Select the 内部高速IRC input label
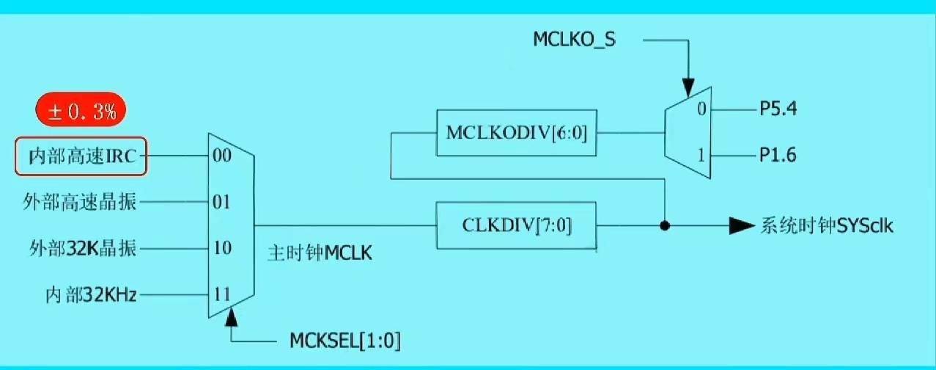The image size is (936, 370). click(82, 156)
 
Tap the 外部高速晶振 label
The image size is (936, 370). click(79, 202)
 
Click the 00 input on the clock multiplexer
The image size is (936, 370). click(221, 156)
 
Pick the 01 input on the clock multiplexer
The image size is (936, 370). click(221, 202)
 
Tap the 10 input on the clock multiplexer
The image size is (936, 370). click(221, 248)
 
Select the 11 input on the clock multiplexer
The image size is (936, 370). click(221, 295)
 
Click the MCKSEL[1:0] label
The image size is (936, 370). click(345, 341)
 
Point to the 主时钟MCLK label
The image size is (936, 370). click(321, 255)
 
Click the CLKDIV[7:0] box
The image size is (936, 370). click(516, 225)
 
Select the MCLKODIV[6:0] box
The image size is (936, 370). click(515, 133)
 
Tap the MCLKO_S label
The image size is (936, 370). click(574, 39)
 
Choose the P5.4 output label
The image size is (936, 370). click(778, 111)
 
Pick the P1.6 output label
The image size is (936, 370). click(778, 156)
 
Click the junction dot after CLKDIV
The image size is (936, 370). click(665, 225)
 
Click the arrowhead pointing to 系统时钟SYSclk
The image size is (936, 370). click(742, 225)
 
